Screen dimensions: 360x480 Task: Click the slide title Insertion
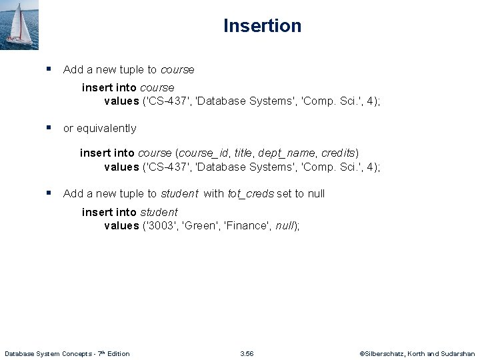(x=262, y=26)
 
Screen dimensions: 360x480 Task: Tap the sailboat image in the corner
(x=20, y=25)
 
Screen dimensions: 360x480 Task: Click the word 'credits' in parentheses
(x=339, y=153)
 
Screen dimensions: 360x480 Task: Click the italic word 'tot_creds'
(x=251, y=193)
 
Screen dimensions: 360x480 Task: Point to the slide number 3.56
(x=247, y=353)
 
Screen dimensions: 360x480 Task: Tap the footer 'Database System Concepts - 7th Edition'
(x=67, y=353)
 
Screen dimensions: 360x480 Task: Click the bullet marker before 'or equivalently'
(x=49, y=127)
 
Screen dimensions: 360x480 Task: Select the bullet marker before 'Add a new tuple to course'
(x=49, y=69)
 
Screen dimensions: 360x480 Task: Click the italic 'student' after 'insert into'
(x=159, y=212)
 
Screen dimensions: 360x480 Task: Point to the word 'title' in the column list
(x=244, y=153)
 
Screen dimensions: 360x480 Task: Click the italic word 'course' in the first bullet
(x=177, y=69)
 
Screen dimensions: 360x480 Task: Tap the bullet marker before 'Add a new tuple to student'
(x=49, y=193)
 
